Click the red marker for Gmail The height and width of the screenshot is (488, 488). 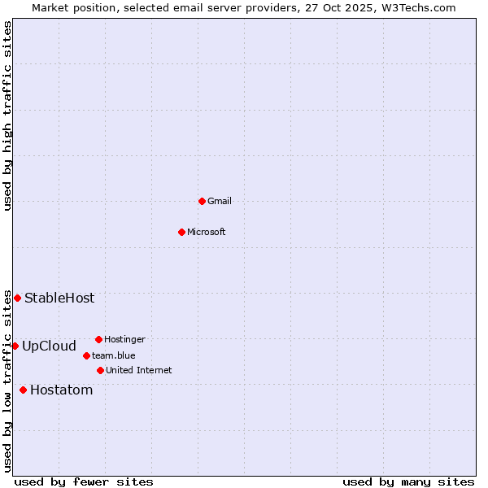[x=202, y=201]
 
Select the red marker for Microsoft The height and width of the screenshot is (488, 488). [x=181, y=232]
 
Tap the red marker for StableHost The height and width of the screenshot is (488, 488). [x=17, y=298]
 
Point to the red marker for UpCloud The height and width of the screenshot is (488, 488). [x=15, y=346]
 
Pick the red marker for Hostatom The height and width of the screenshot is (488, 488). [x=23, y=390]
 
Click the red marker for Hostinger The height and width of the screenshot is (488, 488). [x=98, y=339]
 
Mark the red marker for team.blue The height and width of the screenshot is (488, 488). [x=86, y=355]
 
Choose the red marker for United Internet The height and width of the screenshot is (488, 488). [x=100, y=370]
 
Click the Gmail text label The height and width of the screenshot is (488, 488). [x=220, y=201]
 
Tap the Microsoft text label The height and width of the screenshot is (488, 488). [x=207, y=232]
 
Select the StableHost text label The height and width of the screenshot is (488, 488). [x=59, y=298]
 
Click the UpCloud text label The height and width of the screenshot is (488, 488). [x=49, y=346]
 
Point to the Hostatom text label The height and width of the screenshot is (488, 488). [x=62, y=390]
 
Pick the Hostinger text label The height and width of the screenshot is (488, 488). [x=124, y=339]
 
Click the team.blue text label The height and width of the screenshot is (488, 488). [x=114, y=355]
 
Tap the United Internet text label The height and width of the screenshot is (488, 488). [x=139, y=370]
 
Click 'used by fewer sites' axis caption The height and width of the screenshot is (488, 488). [x=84, y=481]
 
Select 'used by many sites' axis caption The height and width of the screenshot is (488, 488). [x=408, y=481]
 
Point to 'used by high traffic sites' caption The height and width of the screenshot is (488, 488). [x=7, y=115]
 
